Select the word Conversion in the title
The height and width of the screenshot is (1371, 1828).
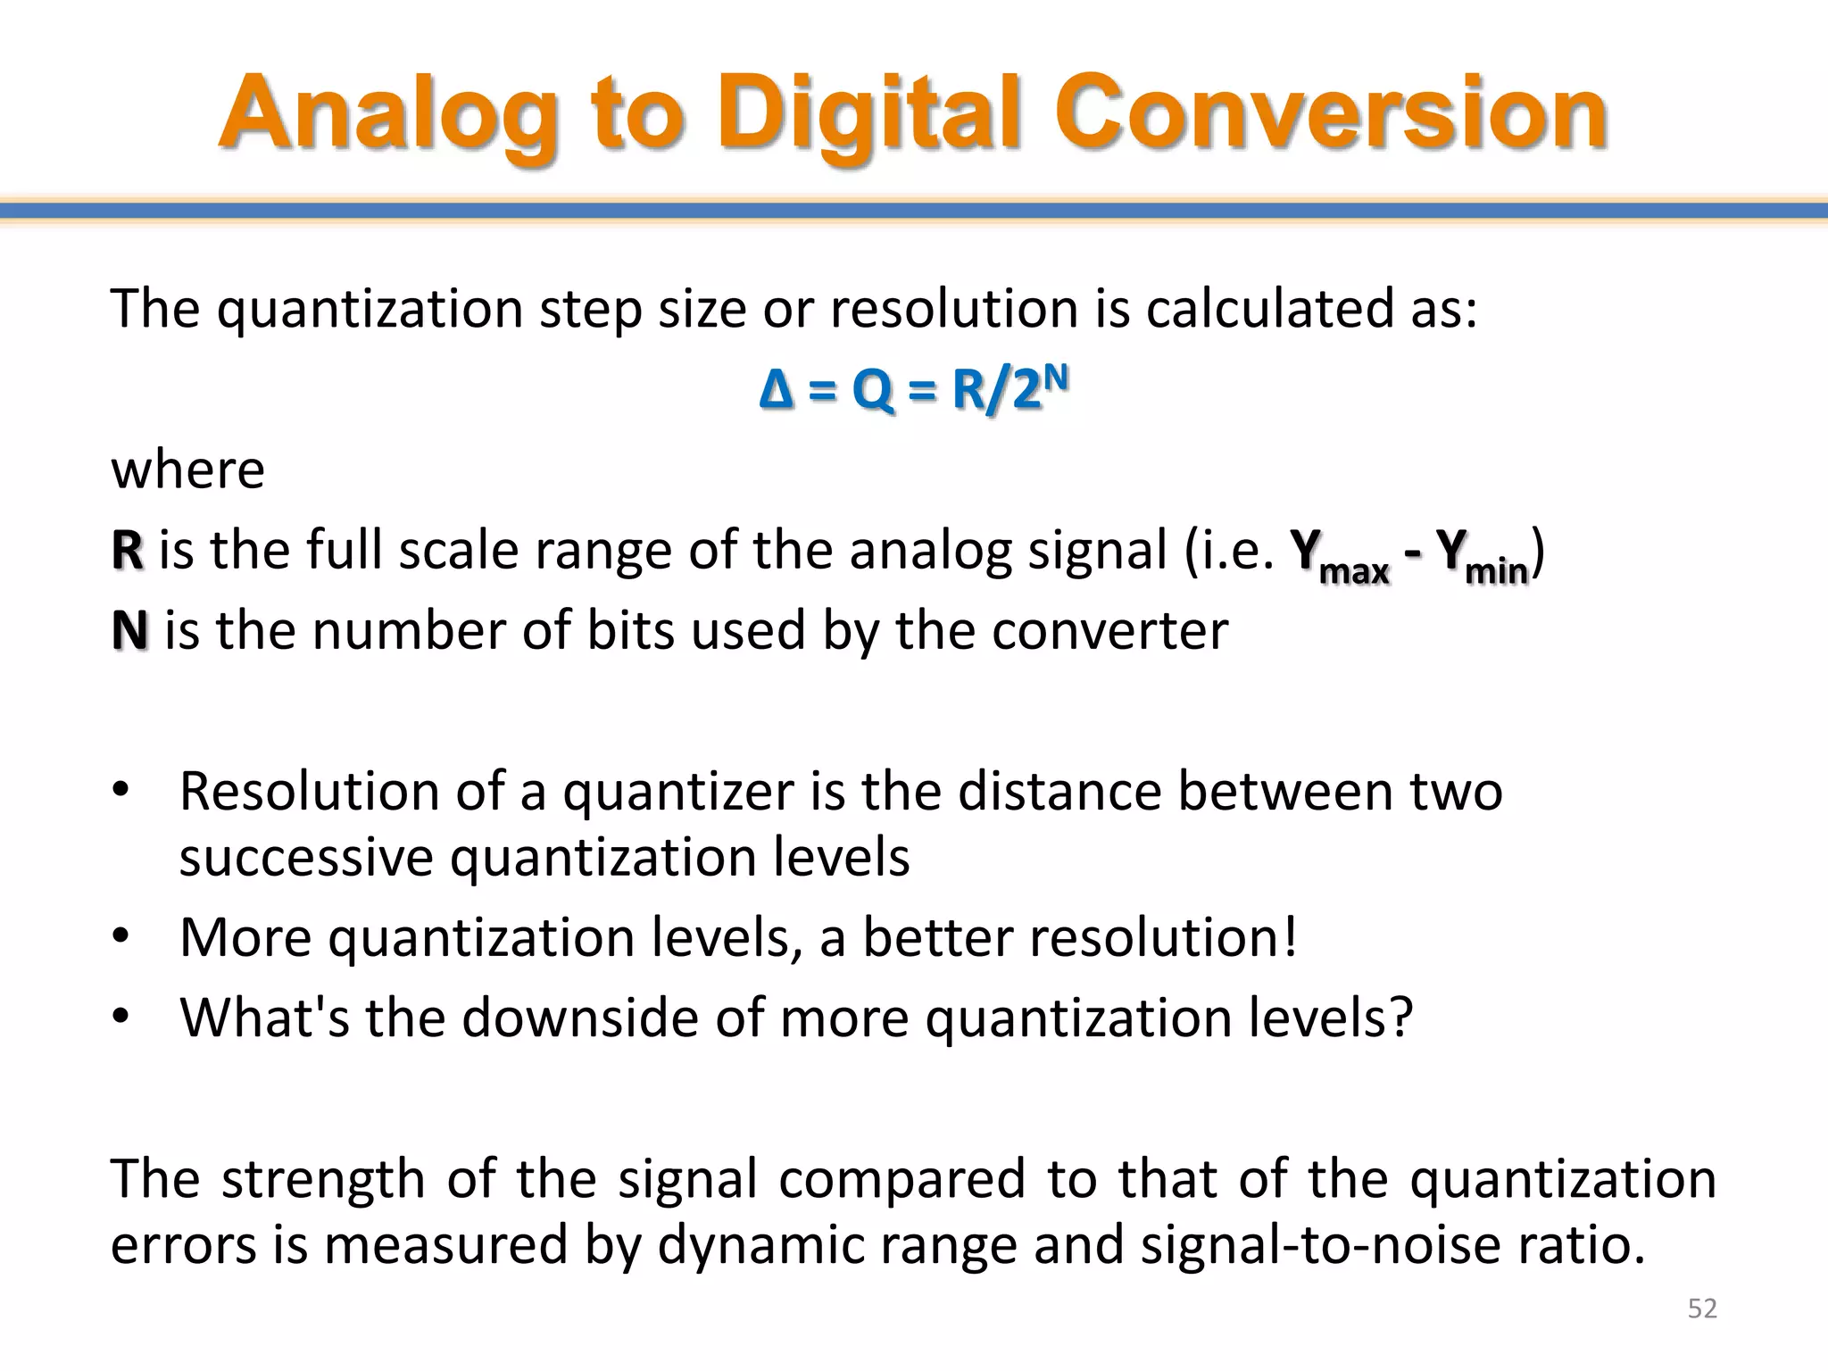point(1330,114)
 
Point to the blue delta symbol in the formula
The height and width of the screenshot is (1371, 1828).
point(776,390)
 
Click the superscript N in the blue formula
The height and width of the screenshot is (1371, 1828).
point(1055,378)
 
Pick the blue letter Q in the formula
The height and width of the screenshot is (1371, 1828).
point(872,391)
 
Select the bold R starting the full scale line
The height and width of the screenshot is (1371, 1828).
point(128,550)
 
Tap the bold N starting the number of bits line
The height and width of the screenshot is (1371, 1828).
point(129,630)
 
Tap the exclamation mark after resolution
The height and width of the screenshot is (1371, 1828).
point(1288,937)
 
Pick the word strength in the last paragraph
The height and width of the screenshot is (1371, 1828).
point(323,1178)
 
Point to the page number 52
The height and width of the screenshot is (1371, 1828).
point(1702,1309)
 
